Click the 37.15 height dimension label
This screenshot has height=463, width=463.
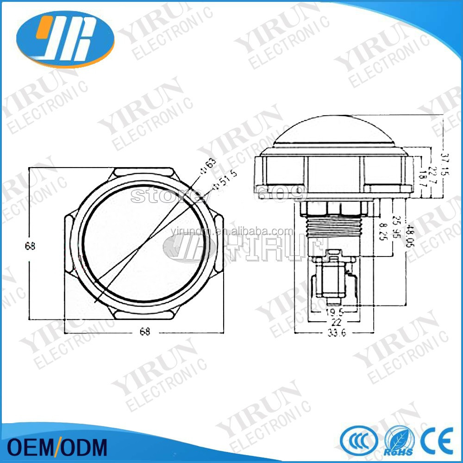[x=445, y=164]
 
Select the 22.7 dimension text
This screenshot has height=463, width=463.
[x=432, y=175]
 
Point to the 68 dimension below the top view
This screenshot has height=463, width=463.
[x=145, y=332]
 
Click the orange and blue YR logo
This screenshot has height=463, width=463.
[x=65, y=37]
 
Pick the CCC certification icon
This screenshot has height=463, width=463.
[x=357, y=440]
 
